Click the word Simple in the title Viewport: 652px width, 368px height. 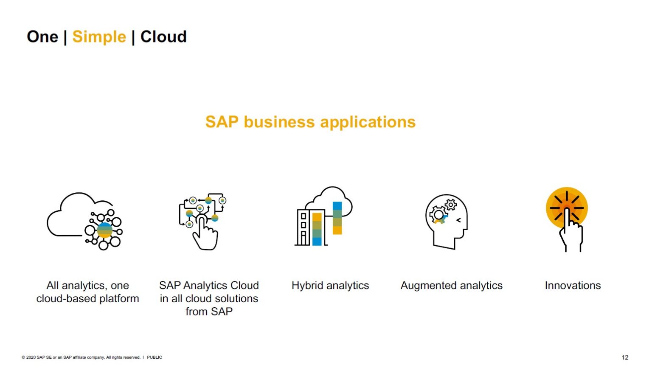[x=99, y=37]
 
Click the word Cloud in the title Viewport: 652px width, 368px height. [x=163, y=37]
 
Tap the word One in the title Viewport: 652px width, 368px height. [x=42, y=37]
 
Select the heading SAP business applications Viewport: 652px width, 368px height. [x=310, y=122]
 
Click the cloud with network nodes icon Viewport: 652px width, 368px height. [x=84, y=221]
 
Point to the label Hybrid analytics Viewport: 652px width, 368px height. [x=330, y=286]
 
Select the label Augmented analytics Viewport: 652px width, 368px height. [x=451, y=286]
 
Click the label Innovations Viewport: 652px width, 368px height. [x=573, y=286]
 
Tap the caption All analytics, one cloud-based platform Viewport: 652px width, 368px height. [x=87, y=292]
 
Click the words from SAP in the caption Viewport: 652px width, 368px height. [x=209, y=312]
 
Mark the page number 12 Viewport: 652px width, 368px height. [x=625, y=357]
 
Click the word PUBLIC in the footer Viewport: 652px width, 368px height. [x=155, y=357]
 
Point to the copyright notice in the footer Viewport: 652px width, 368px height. [x=81, y=357]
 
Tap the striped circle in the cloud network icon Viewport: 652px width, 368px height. [x=105, y=230]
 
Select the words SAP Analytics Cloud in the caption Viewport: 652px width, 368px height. [x=209, y=286]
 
